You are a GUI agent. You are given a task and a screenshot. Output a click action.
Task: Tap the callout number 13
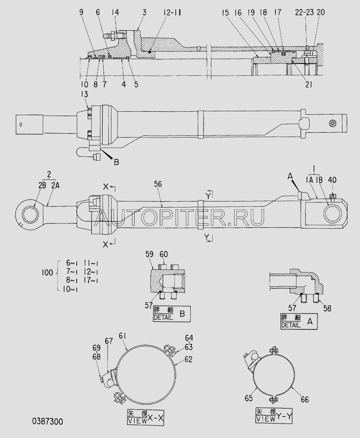click(84, 95)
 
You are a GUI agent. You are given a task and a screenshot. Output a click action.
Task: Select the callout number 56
click(158, 184)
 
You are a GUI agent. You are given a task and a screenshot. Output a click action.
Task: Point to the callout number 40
click(332, 180)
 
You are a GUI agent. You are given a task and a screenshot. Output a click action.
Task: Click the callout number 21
click(308, 85)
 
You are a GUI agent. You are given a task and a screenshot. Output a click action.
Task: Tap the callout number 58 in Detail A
click(327, 308)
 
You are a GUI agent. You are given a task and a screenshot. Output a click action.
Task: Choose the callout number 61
click(123, 336)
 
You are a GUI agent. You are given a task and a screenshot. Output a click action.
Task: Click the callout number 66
click(305, 399)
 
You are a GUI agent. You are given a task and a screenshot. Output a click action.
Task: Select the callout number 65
click(249, 398)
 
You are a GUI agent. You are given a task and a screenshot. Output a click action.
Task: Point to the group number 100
click(47, 272)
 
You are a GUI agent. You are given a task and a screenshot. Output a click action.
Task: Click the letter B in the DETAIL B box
click(182, 314)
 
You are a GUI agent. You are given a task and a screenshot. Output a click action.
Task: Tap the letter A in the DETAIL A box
click(310, 321)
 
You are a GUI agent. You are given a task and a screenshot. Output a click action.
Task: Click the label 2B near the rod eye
click(42, 185)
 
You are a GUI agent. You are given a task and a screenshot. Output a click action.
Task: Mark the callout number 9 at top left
click(82, 12)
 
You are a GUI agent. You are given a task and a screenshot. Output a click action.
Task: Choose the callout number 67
click(109, 341)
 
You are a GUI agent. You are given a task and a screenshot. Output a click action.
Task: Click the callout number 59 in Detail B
click(150, 254)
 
